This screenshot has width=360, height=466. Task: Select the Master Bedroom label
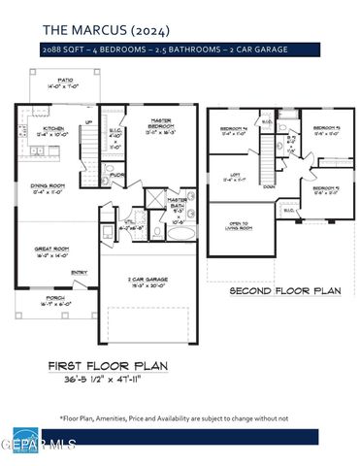coord(159,126)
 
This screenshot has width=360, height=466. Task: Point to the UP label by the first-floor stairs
coord(89,122)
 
